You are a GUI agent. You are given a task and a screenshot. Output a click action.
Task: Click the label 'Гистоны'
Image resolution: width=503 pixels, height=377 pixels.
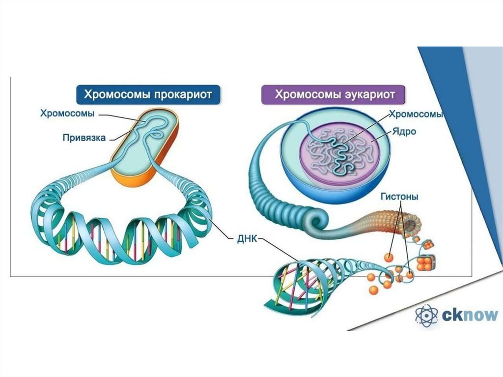coord(399,197)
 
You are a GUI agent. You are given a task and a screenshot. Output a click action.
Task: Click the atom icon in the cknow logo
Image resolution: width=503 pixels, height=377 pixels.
coord(426,315)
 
